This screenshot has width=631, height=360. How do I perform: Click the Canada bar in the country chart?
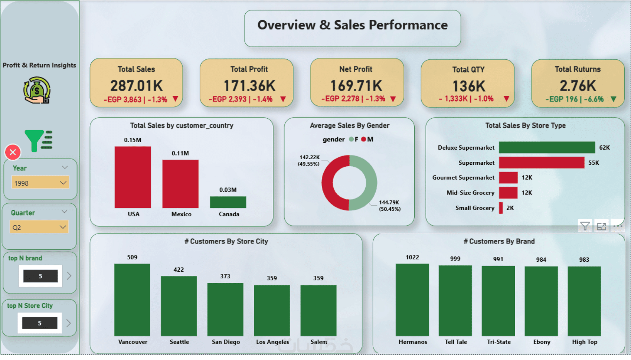point(228,202)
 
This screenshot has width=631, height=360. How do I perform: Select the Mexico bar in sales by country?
point(180,184)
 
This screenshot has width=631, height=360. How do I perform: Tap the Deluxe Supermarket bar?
point(547,147)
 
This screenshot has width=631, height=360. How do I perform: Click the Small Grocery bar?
point(501,208)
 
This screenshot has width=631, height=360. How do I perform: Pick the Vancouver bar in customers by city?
point(132,300)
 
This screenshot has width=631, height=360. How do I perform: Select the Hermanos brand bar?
point(412,300)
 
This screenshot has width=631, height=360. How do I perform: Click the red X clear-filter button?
point(13,152)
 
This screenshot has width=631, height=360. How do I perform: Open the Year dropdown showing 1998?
point(40,183)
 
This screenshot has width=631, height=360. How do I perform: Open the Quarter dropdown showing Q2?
point(39,227)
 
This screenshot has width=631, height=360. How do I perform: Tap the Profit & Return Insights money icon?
point(37,90)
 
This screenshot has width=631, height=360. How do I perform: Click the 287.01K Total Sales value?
point(136,86)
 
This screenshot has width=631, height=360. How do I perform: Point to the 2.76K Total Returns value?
point(578,86)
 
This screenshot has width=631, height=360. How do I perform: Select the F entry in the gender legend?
point(354,140)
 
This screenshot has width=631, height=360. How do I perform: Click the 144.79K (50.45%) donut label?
point(389,206)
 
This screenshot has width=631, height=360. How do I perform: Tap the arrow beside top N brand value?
point(69,276)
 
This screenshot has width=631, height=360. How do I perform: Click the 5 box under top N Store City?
point(40,323)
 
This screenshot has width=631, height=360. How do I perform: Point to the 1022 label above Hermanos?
point(412,257)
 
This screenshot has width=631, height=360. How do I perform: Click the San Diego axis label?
point(226,342)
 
